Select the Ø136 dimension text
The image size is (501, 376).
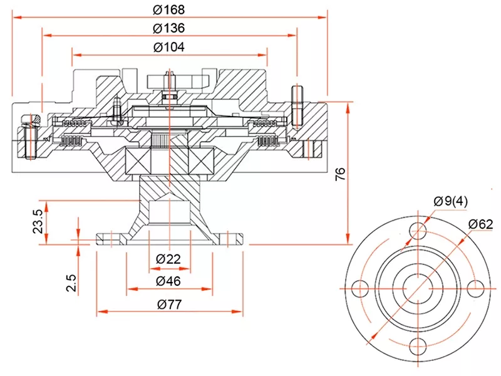169,29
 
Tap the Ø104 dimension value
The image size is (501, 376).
169,47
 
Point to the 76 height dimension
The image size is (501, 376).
341,174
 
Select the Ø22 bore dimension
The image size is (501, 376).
168,259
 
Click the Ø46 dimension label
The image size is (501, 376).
168,281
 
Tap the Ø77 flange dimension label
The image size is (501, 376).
168,305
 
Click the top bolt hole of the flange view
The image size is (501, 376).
418,231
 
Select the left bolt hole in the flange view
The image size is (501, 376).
360,288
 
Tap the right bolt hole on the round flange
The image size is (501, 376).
475,288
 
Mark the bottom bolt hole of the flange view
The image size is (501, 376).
418,346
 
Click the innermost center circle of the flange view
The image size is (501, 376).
418,288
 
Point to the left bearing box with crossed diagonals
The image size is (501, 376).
139,161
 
